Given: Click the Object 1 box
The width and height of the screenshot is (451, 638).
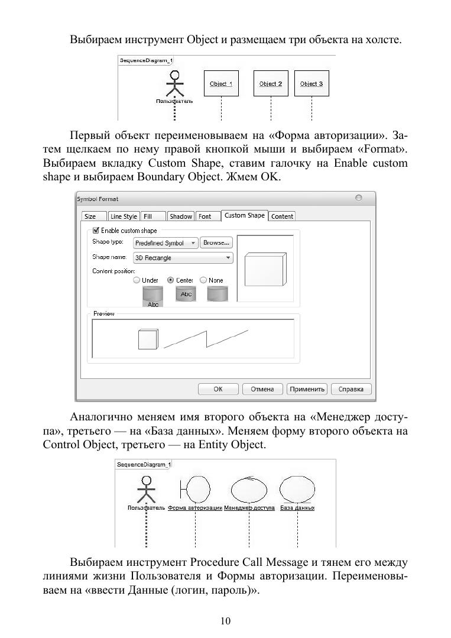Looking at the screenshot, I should [220, 84].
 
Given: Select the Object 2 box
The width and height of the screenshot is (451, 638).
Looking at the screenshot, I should [270, 84].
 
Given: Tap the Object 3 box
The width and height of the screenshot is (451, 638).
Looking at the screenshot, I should [312, 84].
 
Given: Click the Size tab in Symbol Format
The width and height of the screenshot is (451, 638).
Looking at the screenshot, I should [90, 216].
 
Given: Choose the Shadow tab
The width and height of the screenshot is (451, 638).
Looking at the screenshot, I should [180, 216].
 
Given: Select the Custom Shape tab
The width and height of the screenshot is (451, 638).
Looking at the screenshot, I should [244, 215].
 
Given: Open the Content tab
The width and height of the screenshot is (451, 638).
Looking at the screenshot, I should [282, 216].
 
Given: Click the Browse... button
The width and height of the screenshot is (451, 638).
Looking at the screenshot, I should [216, 242].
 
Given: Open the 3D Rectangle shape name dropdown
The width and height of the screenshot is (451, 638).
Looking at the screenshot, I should [183, 258].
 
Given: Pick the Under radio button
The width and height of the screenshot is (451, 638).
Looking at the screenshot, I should [137, 280].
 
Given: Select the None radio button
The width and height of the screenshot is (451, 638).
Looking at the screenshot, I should [203, 280].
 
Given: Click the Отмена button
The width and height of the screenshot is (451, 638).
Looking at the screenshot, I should [262, 389].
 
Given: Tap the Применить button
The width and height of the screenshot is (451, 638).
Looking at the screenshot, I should [306, 389].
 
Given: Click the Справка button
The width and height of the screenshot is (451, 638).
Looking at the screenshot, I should [351, 389].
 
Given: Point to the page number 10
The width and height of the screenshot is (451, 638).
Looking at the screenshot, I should [225, 620].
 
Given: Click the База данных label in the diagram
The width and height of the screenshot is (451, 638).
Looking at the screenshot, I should [297, 508].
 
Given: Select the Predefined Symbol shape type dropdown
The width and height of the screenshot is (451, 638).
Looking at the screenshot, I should [165, 243].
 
